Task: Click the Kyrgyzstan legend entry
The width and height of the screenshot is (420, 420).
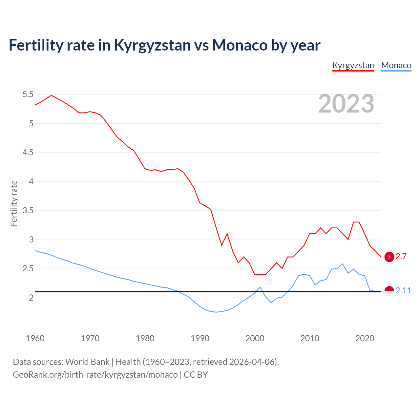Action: (353, 65)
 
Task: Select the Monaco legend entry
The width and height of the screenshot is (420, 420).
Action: (396, 65)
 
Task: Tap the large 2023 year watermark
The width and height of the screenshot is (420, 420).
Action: (346, 104)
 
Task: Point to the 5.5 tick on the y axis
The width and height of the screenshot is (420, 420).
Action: (28, 94)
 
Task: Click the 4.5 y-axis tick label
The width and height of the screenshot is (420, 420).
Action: (28, 153)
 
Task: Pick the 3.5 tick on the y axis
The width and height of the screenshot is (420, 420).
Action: (28, 211)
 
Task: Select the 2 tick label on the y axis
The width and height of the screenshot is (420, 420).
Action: (31, 298)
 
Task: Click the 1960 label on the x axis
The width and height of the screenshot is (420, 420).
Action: (35, 338)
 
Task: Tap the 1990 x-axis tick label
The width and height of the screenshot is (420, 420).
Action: (200, 338)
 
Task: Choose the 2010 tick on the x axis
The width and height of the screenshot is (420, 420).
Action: (310, 338)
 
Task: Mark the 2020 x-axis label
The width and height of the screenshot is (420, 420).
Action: (365, 338)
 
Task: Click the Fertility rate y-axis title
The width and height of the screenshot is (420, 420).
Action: (14, 203)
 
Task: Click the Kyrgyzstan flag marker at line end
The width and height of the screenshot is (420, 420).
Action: (389, 257)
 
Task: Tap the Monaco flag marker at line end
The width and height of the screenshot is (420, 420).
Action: (389, 291)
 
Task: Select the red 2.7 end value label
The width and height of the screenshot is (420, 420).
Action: (401, 257)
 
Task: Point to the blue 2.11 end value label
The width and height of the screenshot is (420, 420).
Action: (403, 291)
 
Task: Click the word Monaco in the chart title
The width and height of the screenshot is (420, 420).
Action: (240, 45)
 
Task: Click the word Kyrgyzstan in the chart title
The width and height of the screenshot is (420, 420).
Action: (152, 45)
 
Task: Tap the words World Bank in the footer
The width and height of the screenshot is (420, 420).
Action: (87, 362)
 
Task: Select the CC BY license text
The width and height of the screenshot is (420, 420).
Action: (196, 375)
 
